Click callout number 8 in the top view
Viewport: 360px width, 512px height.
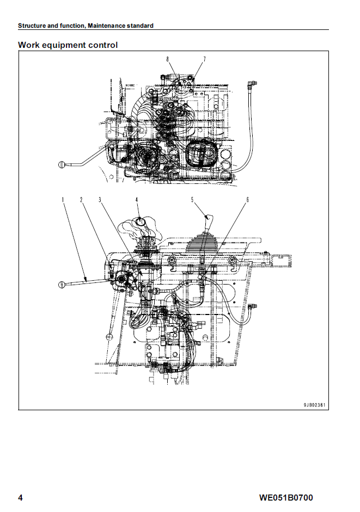point(167,59)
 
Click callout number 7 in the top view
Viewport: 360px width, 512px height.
point(204,59)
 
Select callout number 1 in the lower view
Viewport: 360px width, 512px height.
point(63,200)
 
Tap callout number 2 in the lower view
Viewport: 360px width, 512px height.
point(81,200)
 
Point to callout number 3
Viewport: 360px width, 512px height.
point(100,200)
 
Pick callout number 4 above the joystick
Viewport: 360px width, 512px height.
point(137,200)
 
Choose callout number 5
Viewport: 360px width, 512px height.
point(192,200)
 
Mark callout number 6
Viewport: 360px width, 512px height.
point(247,200)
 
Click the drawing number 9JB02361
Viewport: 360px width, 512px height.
point(315,405)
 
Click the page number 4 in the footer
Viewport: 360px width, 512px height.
point(20,498)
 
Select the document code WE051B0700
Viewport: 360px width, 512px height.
point(286,498)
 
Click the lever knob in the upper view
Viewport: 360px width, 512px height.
point(62,164)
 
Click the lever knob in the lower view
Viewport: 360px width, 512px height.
point(62,285)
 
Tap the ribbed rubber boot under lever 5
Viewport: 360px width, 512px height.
point(202,242)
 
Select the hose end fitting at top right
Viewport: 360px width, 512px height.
point(251,83)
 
